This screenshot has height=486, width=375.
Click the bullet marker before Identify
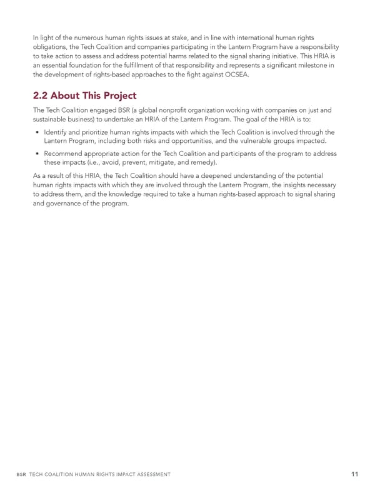pos(38,132)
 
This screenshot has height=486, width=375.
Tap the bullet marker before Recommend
pos(38,153)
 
